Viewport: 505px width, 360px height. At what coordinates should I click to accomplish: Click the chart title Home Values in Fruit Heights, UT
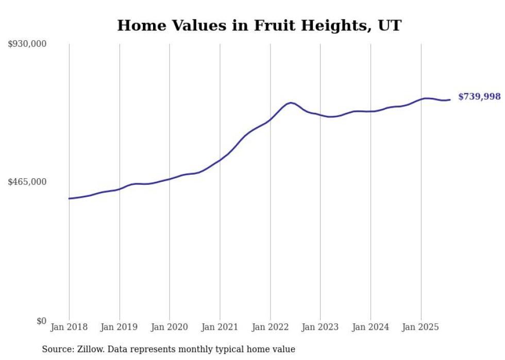click(x=259, y=25)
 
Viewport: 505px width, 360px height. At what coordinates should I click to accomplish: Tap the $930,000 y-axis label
click(x=27, y=44)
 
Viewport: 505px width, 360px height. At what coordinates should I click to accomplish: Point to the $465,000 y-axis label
click(x=27, y=182)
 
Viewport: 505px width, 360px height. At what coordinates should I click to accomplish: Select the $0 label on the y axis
click(x=41, y=321)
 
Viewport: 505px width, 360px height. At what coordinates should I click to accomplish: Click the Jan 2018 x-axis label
click(x=69, y=327)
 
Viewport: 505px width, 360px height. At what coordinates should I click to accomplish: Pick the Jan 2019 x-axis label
click(x=120, y=327)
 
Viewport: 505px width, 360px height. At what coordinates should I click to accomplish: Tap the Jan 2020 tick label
click(x=170, y=327)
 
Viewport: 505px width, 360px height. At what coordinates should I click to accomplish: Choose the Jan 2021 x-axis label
click(x=220, y=327)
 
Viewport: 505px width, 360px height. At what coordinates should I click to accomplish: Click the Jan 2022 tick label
click(x=270, y=327)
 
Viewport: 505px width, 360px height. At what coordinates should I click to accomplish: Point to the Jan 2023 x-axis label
click(x=320, y=327)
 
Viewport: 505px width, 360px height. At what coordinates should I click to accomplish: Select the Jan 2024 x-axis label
click(x=371, y=327)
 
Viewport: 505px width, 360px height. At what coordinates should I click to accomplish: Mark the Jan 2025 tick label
click(x=420, y=327)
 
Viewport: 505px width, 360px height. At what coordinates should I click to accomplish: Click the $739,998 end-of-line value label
click(x=479, y=97)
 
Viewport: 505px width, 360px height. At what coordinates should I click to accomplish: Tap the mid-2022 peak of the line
click(x=291, y=103)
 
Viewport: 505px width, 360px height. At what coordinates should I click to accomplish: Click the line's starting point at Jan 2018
click(x=69, y=198)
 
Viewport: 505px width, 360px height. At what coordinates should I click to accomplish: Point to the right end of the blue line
click(x=450, y=99)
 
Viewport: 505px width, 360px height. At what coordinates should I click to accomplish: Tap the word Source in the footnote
click(x=56, y=349)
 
